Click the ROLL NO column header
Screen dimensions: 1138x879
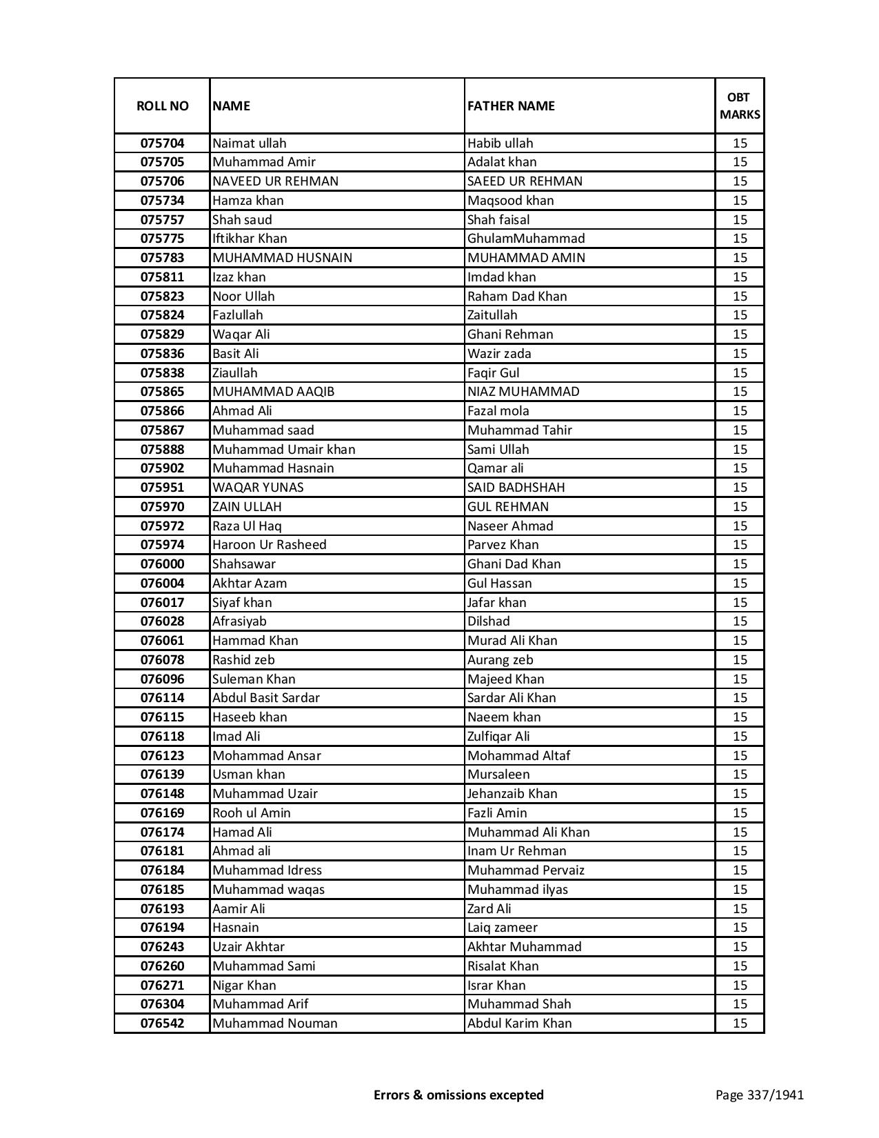coord(162,106)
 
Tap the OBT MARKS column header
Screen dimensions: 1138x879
coord(740,106)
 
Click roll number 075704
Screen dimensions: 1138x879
coord(162,143)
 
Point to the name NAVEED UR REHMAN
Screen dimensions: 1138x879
coord(275,181)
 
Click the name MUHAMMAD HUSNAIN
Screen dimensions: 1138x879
coord(282,258)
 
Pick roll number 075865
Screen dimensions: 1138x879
coord(162,392)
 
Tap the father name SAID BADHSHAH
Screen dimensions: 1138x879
coord(516,488)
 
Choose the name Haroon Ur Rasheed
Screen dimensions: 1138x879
coord(269,545)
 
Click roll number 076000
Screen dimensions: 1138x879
coord(162,564)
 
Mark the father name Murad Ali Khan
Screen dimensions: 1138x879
coord(512,641)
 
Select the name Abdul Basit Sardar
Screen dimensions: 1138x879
coord(265,698)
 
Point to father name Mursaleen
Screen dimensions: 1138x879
coord(498,775)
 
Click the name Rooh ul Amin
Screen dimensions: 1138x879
coord(251,813)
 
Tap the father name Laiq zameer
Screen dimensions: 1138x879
coord(502,928)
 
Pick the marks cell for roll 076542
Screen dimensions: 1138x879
coord(740,1024)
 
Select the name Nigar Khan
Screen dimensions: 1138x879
coord(243,986)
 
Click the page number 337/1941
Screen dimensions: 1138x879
coord(759,1095)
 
